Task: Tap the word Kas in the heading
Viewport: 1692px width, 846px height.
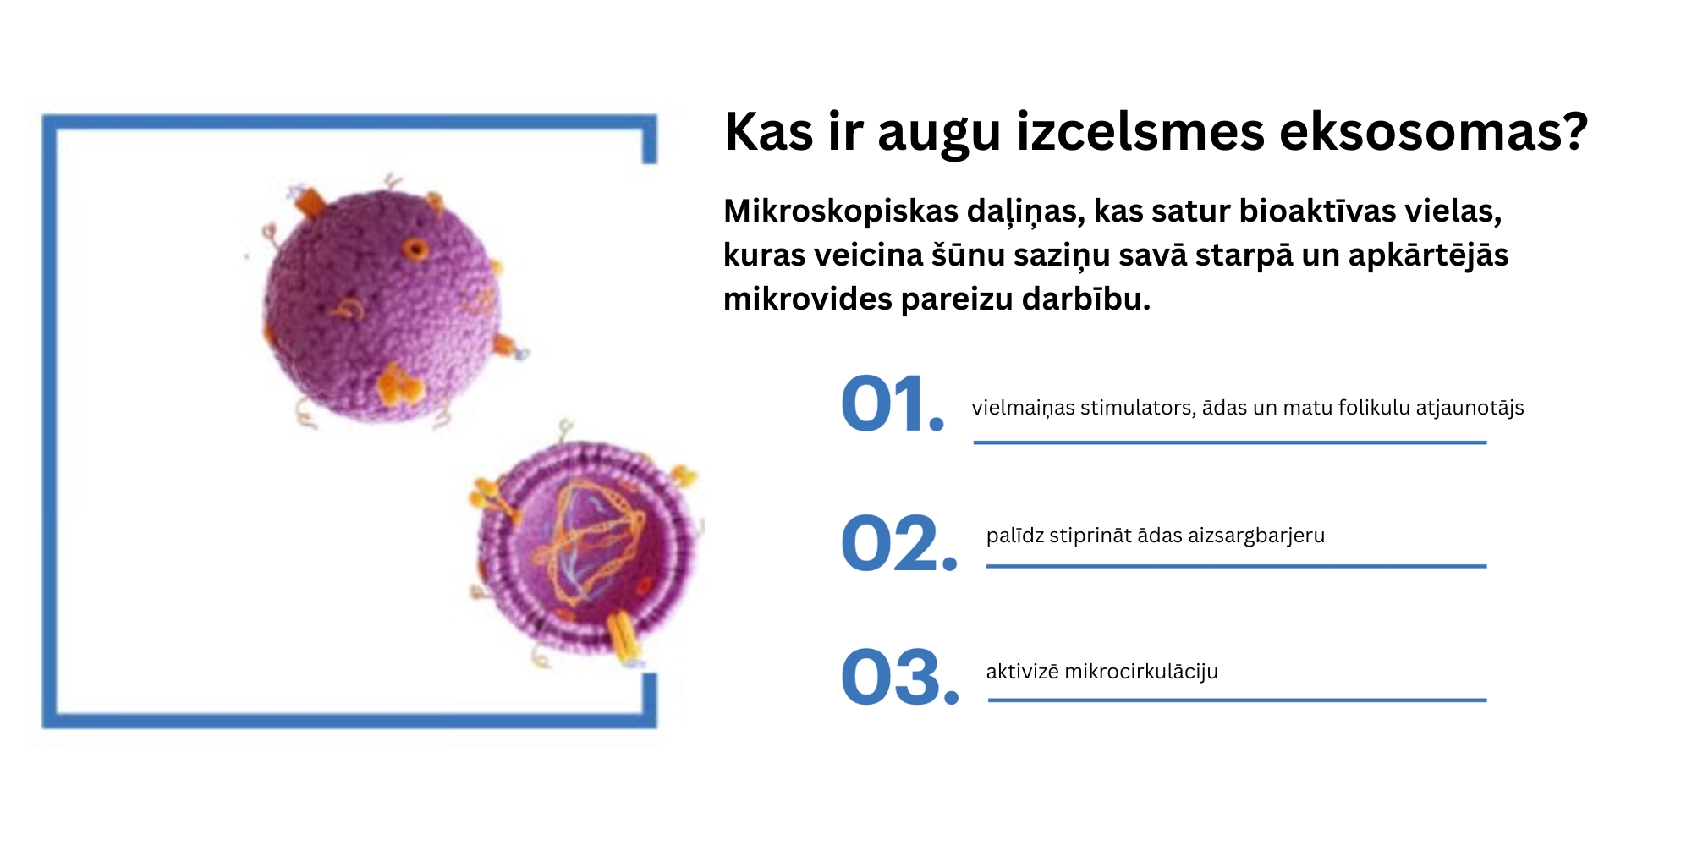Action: point(769,132)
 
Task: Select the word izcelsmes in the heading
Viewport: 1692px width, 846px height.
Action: point(1140,132)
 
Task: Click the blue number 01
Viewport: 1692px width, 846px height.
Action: point(893,404)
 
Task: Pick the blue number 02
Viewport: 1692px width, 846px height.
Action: point(899,543)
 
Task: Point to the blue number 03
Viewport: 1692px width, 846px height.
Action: point(900,677)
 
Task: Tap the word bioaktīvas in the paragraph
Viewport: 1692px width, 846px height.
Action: point(1317,211)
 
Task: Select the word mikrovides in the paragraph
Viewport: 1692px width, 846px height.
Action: point(807,299)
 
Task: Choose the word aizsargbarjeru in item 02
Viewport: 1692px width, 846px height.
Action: point(1256,536)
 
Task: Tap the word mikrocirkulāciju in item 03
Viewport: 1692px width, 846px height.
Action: point(1141,673)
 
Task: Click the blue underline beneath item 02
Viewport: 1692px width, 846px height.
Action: point(1236,566)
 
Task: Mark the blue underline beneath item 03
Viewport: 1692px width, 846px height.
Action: point(1237,700)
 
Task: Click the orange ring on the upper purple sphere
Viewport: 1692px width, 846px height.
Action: point(415,249)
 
